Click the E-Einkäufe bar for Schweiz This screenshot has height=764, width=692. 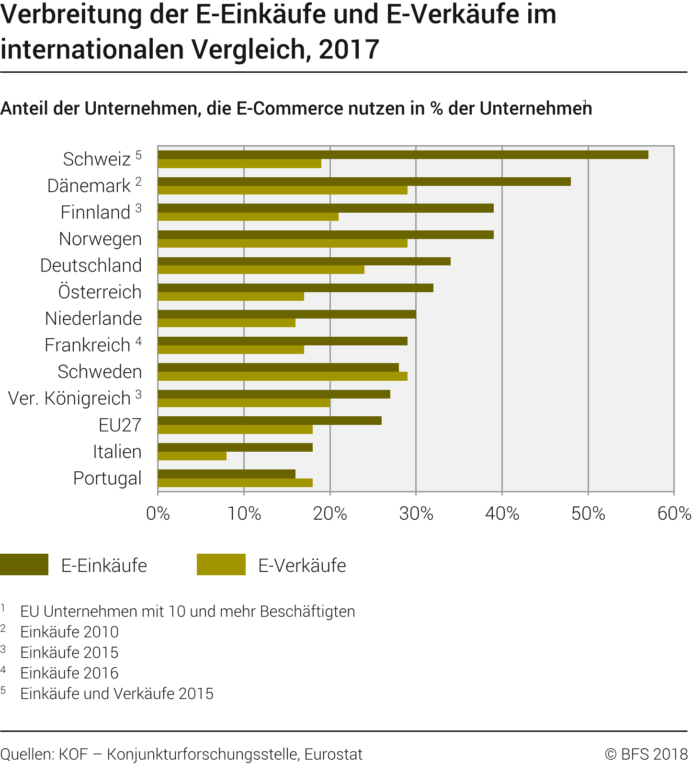click(402, 155)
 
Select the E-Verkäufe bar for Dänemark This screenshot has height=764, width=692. click(283, 190)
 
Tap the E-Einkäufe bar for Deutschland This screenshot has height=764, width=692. click(304, 261)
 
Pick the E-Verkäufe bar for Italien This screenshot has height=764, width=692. click(192, 456)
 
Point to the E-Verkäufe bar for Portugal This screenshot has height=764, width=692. click(235, 483)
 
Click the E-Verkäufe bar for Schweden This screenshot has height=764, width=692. click(283, 376)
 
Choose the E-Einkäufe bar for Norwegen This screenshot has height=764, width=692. click(326, 235)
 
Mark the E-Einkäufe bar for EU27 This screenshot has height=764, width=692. click(270, 421)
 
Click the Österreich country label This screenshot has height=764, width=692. click(100, 292)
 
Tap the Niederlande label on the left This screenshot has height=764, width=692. click(93, 319)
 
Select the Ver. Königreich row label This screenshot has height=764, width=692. click(69, 398)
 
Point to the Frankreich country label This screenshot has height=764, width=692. click(88, 345)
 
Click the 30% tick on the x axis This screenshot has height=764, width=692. click(416, 514)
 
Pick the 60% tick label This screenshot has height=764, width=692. click(674, 514)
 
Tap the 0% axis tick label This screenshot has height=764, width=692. click(158, 514)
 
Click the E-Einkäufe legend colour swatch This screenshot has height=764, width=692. click(24, 564)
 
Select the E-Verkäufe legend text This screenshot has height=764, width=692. click(302, 566)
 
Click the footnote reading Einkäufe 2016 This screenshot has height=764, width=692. click(69, 673)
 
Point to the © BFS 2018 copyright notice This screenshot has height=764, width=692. click(646, 754)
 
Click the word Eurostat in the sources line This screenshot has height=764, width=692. click(333, 754)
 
